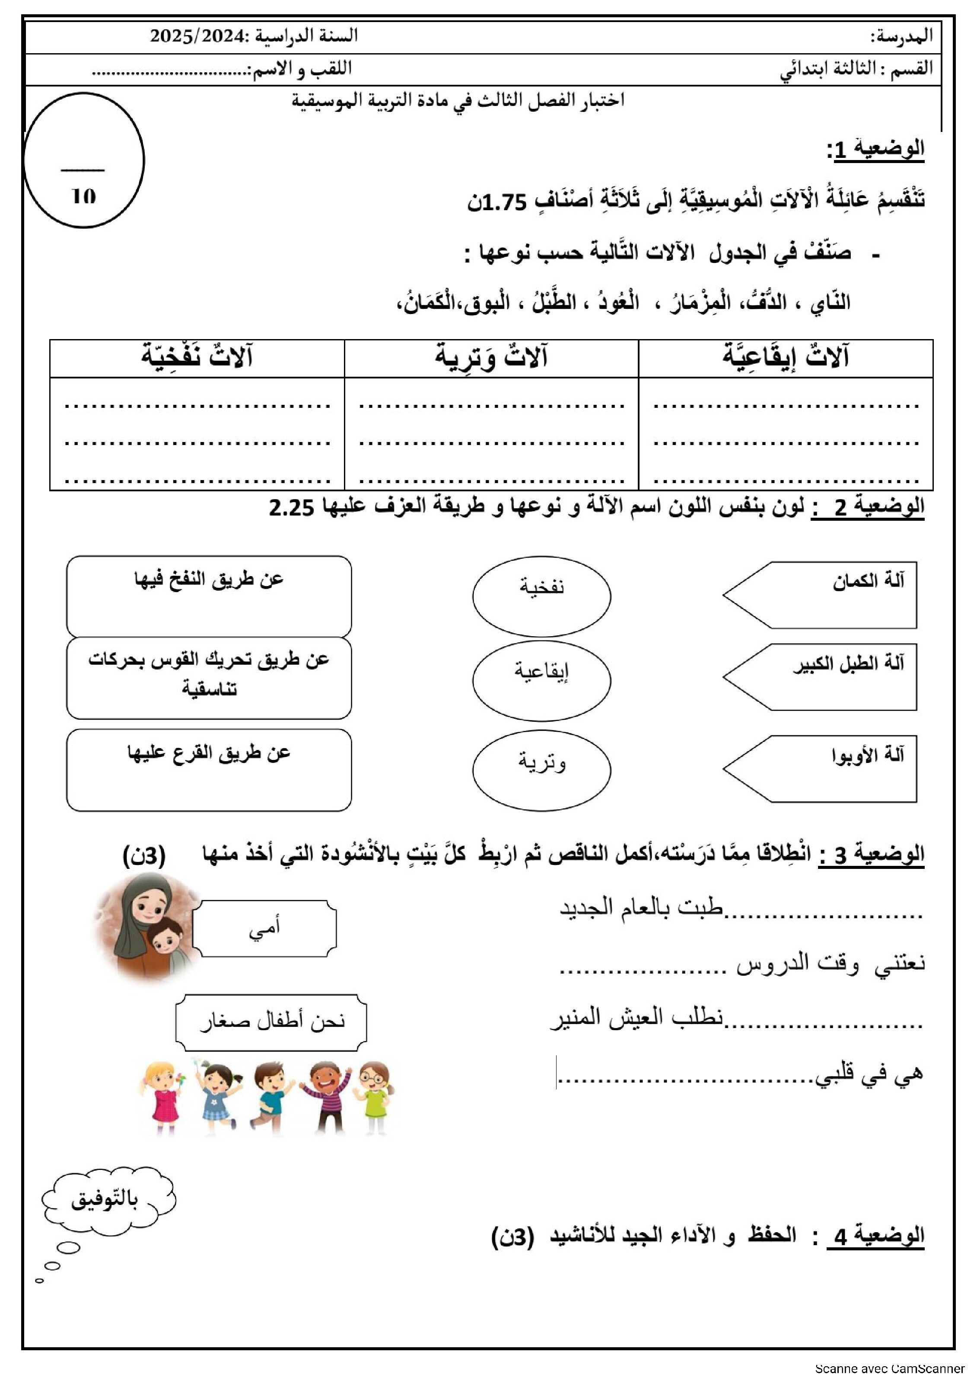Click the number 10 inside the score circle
[x=84, y=196]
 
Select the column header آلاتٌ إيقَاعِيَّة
[x=786, y=357]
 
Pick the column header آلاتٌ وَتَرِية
[x=491, y=357]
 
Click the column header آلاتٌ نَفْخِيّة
[x=197, y=357]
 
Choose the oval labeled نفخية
[x=541, y=596]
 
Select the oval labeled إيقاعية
[x=541, y=680]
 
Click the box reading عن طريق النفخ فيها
[x=209, y=596]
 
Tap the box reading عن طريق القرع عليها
[x=209, y=770]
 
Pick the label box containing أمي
[x=264, y=929]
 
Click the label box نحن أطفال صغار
[x=271, y=1022]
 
